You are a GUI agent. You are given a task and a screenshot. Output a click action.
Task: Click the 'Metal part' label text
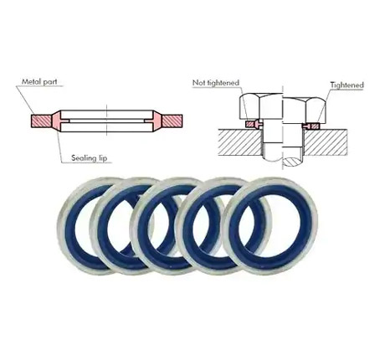tap(39, 82)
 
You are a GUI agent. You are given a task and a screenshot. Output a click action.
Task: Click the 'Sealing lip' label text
tap(90, 158)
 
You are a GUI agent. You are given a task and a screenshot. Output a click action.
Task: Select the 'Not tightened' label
tap(216, 83)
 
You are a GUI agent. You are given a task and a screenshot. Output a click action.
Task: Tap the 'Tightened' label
tap(347, 85)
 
